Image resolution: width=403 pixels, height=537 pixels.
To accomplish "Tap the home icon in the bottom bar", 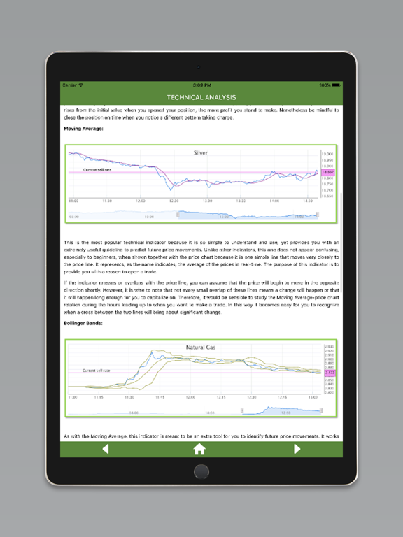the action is pyautogui.click(x=199, y=449).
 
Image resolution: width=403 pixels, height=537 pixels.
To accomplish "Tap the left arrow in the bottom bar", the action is pyautogui.click(x=106, y=449).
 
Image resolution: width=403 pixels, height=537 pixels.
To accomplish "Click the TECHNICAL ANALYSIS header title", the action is pyautogui.click(x=201, y=97).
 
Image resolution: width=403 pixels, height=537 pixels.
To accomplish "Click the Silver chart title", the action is pyautogui.click(x=201, y=152).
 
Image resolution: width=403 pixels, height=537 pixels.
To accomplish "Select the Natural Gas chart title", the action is pyautogui.click(x=201, y=348).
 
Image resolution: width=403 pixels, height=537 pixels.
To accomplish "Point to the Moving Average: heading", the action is pyautogui.click(x=83, y=129).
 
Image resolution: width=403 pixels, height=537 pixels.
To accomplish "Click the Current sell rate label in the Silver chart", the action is pyautogui.click(x=97, y=169).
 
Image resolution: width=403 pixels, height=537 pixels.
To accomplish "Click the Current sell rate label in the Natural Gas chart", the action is pyautogui.click(x=97, y=371).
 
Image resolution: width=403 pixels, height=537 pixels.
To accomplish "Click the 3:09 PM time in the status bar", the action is pyautogui.click(x=201, y=85).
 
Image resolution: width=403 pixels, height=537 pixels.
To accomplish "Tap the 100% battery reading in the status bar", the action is pyautogui.click(x=325, y=85).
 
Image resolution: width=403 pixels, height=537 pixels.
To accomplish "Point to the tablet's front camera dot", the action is pyautogui.click(x=201, y=66).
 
